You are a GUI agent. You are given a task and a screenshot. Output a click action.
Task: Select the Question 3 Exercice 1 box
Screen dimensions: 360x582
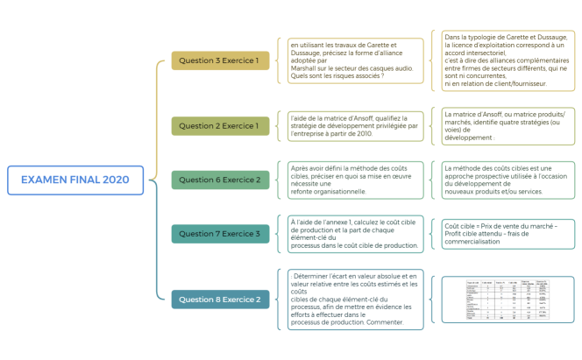point(219,61)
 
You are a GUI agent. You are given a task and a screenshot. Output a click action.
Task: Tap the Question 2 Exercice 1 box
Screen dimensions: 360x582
point(219,126)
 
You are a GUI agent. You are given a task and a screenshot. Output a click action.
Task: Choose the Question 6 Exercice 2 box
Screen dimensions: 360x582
point(219,180)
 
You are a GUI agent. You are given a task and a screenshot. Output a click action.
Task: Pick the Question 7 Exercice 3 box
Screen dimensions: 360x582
point(219,234)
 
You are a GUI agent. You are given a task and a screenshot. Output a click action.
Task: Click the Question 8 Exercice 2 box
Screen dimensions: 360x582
point(219,300)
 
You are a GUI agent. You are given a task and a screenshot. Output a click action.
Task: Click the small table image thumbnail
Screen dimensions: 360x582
point(506,300)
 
